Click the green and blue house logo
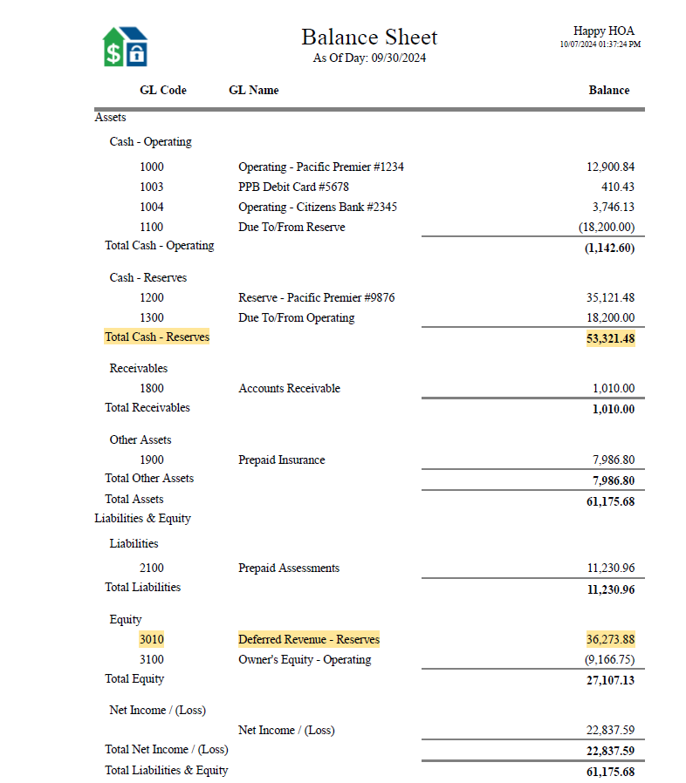click(x=125, y=46)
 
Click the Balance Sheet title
click(x=369, y=37)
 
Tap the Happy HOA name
click(x=603, y=31)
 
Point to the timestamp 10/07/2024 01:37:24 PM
click(x=600, y=44)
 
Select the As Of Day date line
click(x=369, y=58)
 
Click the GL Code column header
click(x=162, y=90)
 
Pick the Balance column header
click(x=608, y=90)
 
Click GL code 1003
click(x=151, y=187)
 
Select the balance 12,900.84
click(x=610, y=167)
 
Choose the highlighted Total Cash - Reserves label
click(x=157, y=337)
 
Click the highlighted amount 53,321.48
click(x=610, y=338)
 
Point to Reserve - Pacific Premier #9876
click(x=316, y=297)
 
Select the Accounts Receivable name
click(x=289, y=388)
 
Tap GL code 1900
click(x=151, y=460)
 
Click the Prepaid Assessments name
click(x=289, y=568)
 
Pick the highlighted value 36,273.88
click(x=610, y=639)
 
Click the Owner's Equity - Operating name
click(x=305, y=659)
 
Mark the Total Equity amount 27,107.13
click(x=610, y=680)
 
